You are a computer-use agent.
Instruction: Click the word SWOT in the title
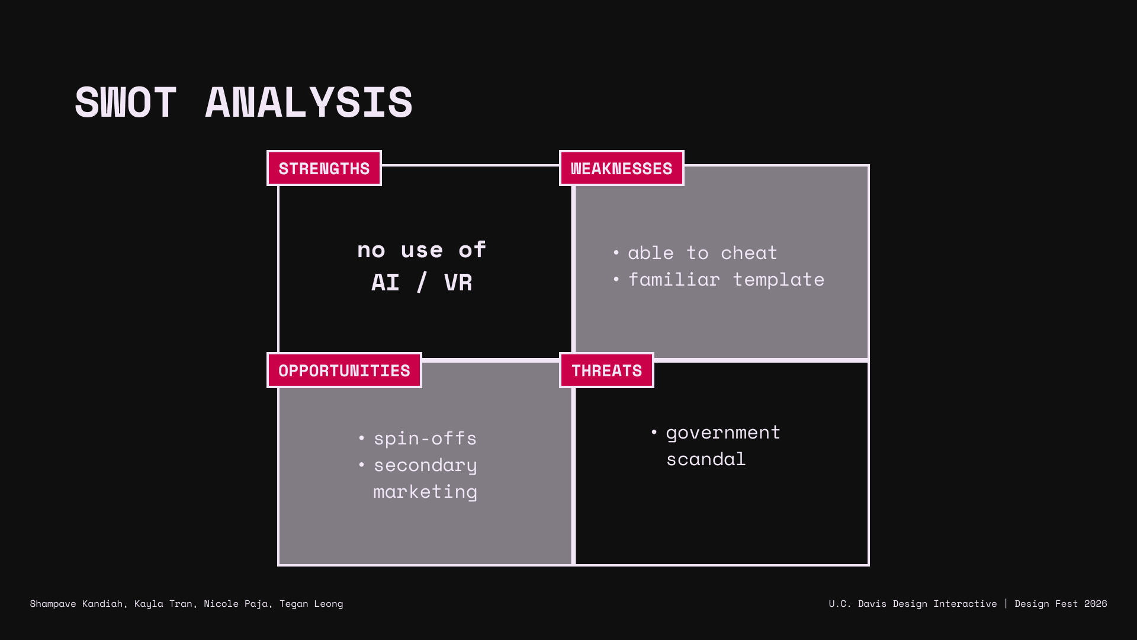(126, 103)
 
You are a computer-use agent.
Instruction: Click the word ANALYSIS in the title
(309, 103)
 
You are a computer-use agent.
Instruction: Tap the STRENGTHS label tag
(324, 168)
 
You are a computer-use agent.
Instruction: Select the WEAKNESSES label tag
(621, 168)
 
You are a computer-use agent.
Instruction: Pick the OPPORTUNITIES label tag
(344, 370)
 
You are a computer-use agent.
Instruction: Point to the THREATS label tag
(606, 370)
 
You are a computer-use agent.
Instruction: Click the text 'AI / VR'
(422, 283)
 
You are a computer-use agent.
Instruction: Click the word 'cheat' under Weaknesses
(749, 253)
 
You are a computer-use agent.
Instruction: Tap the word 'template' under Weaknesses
(779, 280)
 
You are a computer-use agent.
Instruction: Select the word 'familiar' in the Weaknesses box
(674, 279)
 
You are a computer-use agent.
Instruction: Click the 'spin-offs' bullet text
(425, 439)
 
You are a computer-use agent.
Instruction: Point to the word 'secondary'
(425, 466)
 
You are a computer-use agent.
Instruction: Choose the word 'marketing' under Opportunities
(425, 492)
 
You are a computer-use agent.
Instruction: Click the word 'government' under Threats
(723, 433)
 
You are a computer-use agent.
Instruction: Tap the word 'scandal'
(706, 459)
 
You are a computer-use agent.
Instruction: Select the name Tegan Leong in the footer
(311, 604)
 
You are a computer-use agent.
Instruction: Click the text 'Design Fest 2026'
(1061, 604)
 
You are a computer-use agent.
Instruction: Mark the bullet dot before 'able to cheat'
(616, 252)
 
